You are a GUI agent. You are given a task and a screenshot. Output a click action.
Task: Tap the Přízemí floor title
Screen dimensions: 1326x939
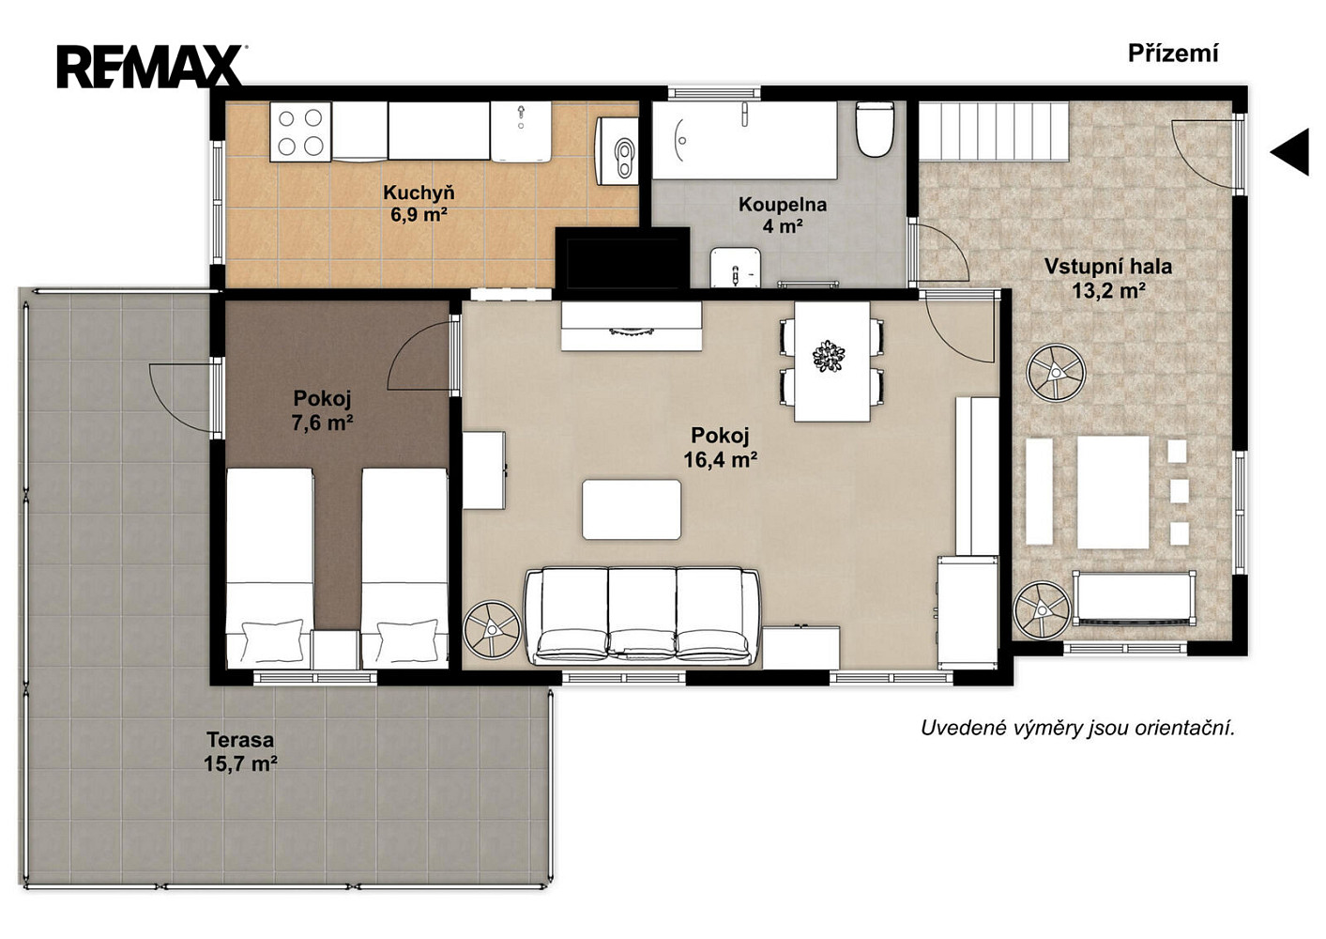pos(1173,54)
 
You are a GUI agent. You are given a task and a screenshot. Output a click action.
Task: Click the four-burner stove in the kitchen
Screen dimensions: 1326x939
pos(300,131)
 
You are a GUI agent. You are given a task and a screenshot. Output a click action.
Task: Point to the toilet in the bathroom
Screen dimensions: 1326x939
pos(875,130)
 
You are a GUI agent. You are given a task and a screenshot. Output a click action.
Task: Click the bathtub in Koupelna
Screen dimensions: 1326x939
pos(745,141)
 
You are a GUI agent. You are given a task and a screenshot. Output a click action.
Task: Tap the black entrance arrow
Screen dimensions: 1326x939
pos(1290,152)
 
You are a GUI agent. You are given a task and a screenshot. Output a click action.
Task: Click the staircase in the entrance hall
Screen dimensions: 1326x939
pos(993,131)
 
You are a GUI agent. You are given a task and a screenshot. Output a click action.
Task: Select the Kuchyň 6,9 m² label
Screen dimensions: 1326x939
pos(419,203)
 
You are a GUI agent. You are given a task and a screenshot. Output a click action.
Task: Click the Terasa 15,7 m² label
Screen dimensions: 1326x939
pos(240,751)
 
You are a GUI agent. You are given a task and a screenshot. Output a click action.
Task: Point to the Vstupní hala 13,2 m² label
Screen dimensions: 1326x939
pos(1108,279)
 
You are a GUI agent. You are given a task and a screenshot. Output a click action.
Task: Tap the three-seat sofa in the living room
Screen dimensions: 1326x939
pos(642,616)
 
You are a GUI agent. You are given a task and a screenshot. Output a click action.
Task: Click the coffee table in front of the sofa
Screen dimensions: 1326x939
pos(632,510)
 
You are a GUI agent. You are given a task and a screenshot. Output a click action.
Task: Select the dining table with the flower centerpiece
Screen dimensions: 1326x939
pos(831,362)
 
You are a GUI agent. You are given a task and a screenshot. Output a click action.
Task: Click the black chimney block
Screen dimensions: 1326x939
pos(622,258)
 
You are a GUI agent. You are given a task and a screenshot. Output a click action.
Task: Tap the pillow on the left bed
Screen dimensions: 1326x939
pos(272,640)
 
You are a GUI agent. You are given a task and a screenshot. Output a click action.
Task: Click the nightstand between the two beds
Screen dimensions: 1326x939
pos(335,650)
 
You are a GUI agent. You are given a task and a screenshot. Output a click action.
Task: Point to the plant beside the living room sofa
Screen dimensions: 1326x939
pos(492,630)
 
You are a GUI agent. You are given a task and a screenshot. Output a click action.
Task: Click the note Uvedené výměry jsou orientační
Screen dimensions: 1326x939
pos(1078,728)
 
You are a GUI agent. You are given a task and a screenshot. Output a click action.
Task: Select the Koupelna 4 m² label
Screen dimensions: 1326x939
pos(782,215)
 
